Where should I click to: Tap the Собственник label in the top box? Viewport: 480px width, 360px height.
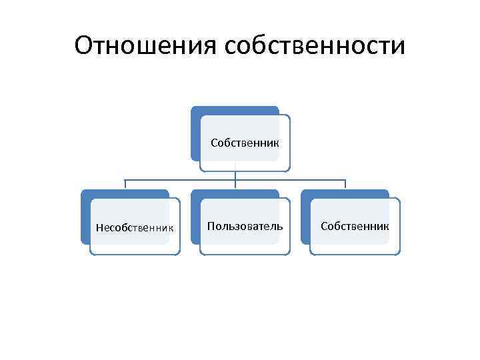(x=245, y=143)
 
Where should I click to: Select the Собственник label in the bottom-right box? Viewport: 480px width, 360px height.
(x=355, y=227)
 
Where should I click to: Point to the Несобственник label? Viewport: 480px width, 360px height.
(x=135, y=227)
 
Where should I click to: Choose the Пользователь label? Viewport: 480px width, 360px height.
(x=245, y=227)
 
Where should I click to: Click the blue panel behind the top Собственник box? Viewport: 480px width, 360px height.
(x=195, y=133)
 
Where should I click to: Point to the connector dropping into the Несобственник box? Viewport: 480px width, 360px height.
(x=126, y=185)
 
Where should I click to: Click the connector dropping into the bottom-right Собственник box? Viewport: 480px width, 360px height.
(x=345, y=185)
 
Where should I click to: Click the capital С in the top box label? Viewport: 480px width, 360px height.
(x=214, y=143)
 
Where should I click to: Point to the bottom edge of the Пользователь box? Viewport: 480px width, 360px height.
(x=245, y=254)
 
